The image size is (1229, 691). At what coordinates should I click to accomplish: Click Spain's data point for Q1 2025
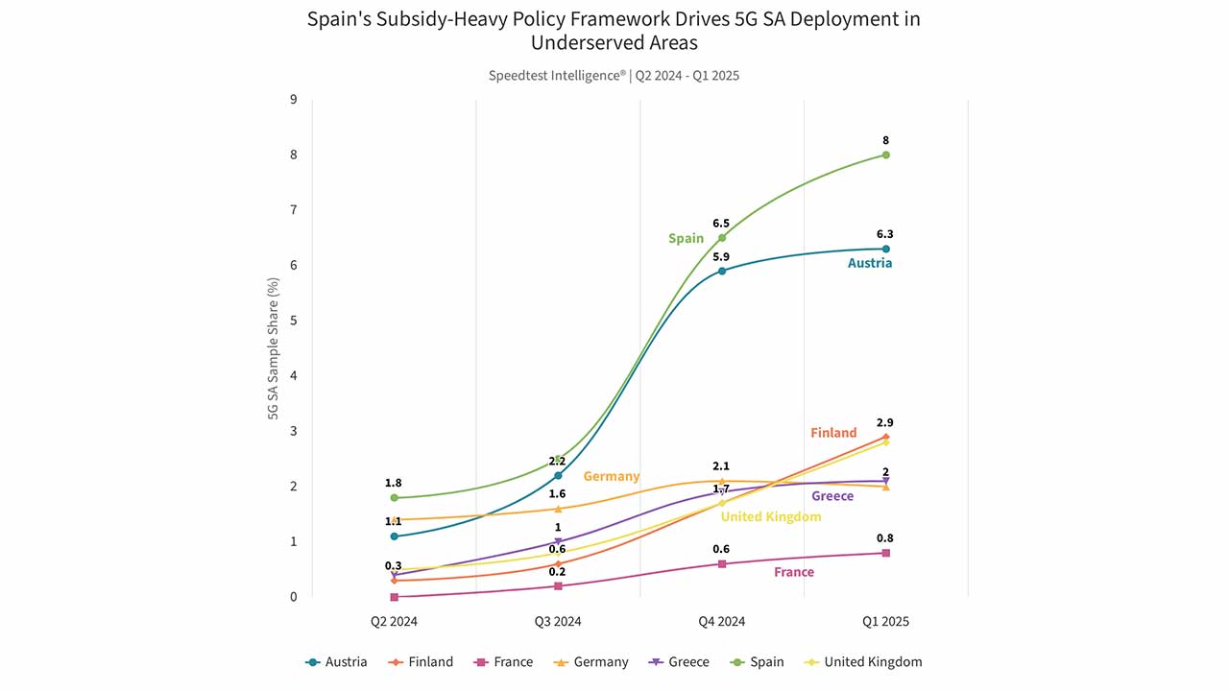pyautogui.click(x=885, y=155)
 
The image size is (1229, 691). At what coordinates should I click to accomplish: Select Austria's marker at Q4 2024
pyautogui.click(x=722, y=271)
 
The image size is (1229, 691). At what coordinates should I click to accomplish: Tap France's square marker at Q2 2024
pyautogui.click(x=394, y=597)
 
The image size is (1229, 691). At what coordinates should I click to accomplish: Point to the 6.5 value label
pyautogui.click(x=721, y=224)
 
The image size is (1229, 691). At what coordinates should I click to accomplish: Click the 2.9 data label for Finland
pyautogui.click(x=885, y=423)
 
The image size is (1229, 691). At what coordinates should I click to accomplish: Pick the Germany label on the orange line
pyautogui.click(x=612, y=476)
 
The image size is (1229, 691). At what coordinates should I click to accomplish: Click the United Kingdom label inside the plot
pyautogui.click(x=771, y=516)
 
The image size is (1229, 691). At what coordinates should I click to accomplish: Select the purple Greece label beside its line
pyautogui.click(x=832, y=496)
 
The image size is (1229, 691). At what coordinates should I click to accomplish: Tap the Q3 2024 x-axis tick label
pyautogui.click(x=558, y=621)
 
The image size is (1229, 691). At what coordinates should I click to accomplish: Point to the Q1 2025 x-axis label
pyautogui.click(x=885, y=621)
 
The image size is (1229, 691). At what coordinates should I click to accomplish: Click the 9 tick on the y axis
pyautogui.click(x=294, y=99)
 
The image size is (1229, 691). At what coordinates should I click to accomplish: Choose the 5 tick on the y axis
pyautogui.click(x=294, y=321)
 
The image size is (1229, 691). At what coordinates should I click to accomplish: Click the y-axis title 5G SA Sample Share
pyautogui.click(x=273, y=348)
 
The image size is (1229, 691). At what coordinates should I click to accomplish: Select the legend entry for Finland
pyautogui.click(x=421, y=662)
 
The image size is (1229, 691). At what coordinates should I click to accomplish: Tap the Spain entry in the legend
pyautogui.click(x=758, y=662)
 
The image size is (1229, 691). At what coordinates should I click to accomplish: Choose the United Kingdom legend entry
pyautogui.click(x=863, y=662)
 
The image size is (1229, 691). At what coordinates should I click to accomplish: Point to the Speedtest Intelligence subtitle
pyautogui.click(x=558, y=76)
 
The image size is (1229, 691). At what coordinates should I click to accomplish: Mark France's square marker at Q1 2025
pyautogui.click(x=885, y=553)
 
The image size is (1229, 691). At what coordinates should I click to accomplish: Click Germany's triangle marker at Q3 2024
pyautogui.click(x=558, y=509)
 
